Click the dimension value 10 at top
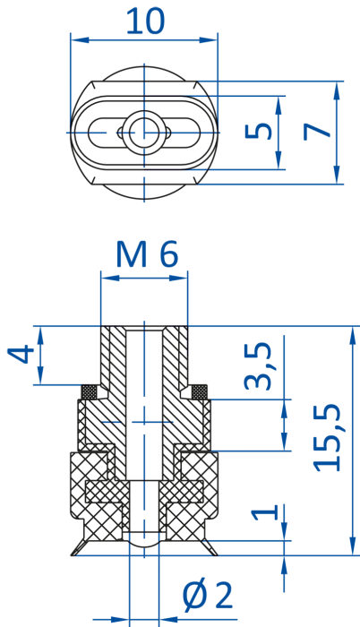145,21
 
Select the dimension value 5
259,131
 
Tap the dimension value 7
317,132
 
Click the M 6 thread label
147,254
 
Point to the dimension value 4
21,354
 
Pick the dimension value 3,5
258,365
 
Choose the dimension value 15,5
327,438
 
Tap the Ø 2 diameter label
208,597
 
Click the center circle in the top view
144,133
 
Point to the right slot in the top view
184,133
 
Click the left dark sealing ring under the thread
90,392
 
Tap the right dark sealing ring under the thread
199,392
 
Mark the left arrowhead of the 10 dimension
80,40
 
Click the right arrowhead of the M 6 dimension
178,278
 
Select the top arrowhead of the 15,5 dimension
353,336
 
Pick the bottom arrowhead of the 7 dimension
337,176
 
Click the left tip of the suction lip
72,555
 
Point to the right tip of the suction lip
218,555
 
